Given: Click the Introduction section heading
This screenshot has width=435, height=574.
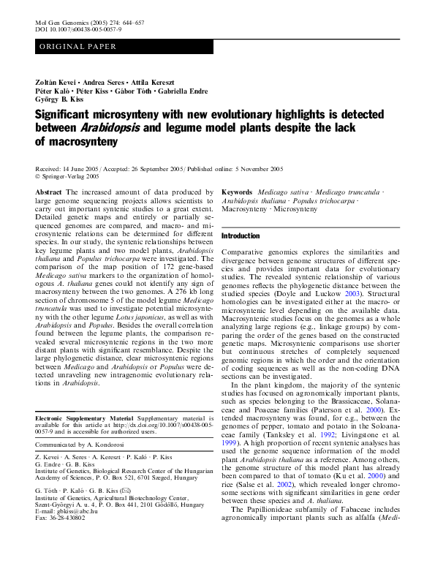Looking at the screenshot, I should pos(241,236).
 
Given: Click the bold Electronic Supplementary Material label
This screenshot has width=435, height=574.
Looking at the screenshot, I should pos(80,417).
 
